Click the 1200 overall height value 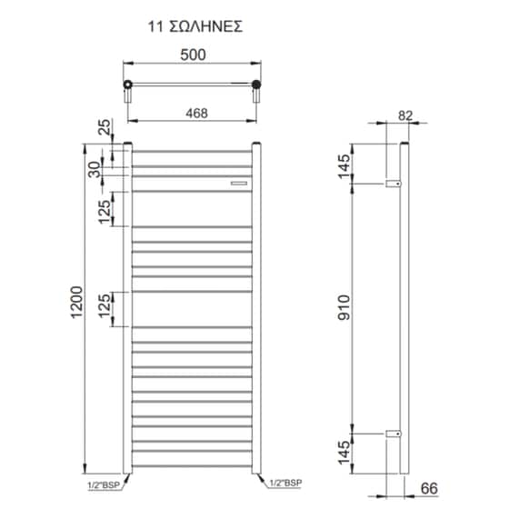click(76, 307)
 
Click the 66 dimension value click(436, 489)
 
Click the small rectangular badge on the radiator click(238, 183)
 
